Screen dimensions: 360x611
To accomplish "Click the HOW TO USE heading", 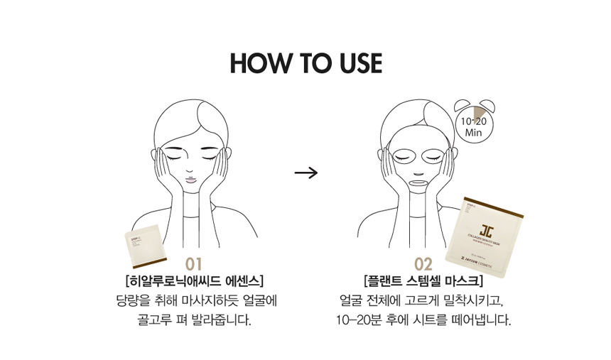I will (305, 63).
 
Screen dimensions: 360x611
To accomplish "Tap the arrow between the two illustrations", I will (305, 173).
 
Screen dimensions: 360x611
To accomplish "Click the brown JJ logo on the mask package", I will (487, 229).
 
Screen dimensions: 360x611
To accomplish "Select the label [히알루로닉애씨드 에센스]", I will (194, 281).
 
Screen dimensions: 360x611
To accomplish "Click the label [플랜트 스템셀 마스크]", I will (423, 281).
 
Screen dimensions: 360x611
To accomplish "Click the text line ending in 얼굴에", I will (194, 300).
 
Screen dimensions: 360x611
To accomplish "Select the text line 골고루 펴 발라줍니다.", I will (194, 320).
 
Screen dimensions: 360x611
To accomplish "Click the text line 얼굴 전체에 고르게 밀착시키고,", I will (423, 300).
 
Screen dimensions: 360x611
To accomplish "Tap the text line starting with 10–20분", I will (423, 320).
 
